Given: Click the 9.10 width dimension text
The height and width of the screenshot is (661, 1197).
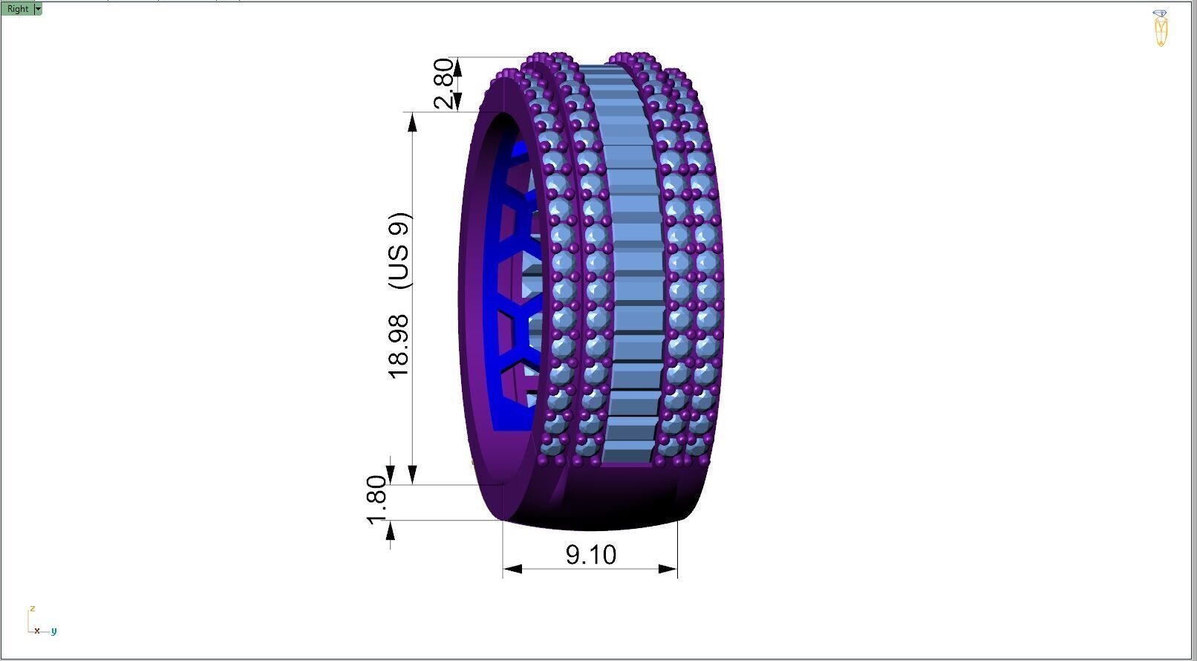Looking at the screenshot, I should (591, 555).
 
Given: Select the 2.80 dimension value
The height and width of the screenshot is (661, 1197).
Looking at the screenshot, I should (443, 84).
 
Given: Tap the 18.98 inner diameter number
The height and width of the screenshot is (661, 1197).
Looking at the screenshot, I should (399, 345).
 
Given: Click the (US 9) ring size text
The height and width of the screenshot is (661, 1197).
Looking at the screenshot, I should (399, 251).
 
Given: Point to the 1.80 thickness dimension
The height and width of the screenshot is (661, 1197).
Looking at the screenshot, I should (377, 500).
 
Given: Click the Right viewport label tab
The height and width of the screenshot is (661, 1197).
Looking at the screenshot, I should (18, 9).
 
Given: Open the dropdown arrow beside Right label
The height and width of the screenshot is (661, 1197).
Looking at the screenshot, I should (39, 9).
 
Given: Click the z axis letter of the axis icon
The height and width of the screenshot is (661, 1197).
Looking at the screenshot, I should (33, 608).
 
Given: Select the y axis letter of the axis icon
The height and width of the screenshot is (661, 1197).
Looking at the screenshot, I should (54, 631).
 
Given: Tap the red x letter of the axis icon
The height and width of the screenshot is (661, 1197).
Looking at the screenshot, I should (36, 631).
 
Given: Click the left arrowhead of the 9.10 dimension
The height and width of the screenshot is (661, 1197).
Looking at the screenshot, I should (512, 569).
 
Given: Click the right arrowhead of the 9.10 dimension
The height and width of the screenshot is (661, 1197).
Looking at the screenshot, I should (668, 569).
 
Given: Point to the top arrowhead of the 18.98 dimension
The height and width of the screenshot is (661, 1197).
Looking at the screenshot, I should (413, 123).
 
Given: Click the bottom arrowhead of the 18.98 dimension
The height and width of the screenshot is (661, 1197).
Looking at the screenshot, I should (413, 475).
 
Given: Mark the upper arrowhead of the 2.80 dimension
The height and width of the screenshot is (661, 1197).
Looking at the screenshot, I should (458, 67).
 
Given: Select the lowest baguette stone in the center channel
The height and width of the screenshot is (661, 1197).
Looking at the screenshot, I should (627, 452).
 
